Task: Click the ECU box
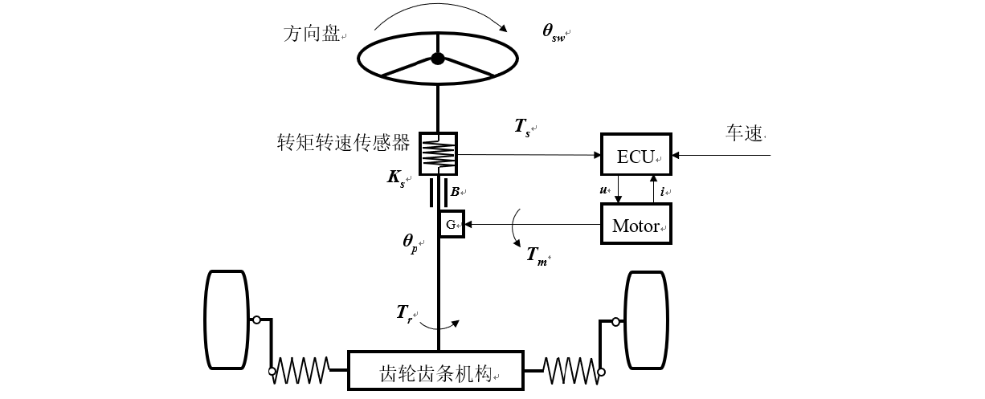636,154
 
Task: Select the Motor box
636,224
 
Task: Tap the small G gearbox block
452,224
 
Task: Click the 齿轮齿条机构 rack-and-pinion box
435,370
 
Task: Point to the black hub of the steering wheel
438,59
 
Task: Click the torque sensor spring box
438,154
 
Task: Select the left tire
227,320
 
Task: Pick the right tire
647,320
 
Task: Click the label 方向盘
312,34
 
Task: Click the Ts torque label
522,128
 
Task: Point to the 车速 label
744,133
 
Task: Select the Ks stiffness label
396,178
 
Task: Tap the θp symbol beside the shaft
411,243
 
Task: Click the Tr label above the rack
404,314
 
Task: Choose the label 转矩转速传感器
343,142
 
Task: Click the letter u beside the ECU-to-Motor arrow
603,189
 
